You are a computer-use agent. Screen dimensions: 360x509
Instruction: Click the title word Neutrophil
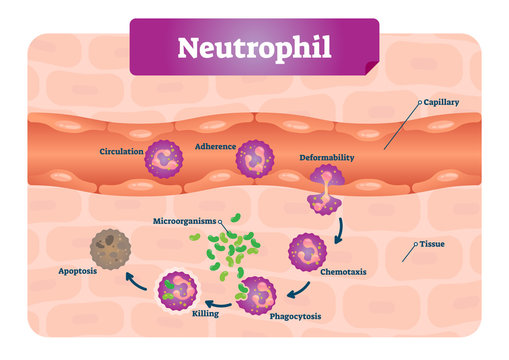pos(254,47)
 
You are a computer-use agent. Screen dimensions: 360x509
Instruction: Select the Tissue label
pos(432,243)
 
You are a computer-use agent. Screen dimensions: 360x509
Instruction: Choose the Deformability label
pos(328,157)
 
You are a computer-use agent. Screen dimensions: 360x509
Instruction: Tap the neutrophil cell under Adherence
pos(253,159)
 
